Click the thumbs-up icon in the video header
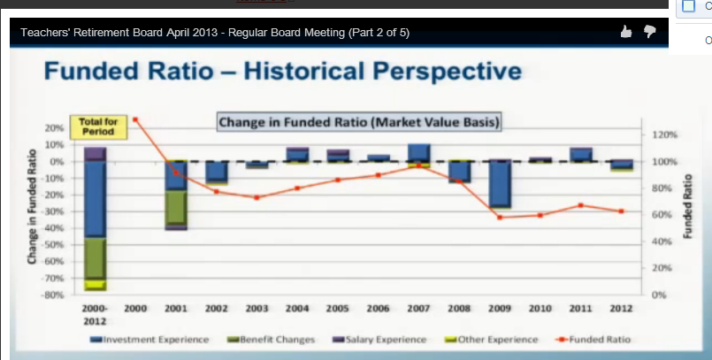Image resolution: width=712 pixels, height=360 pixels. (626, 32)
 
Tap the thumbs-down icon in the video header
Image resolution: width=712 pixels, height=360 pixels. (650, 32)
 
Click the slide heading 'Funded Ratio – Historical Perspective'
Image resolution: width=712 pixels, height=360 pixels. (282, 70)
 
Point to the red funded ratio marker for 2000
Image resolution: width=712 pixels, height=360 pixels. (135, 119)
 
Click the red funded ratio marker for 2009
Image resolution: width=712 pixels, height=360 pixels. (500, 217)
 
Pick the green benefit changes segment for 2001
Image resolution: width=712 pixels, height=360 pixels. (176, 207)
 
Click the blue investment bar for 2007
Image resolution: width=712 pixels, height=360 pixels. (418, 152)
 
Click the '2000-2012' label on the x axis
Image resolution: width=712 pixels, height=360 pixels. (95, 312)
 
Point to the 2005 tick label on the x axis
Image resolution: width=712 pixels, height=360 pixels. (338, 308)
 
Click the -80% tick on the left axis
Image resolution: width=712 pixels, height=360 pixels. (54, 294)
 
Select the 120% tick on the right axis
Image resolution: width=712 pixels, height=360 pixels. (664, 135)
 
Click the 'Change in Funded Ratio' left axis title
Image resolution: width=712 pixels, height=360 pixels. (32, 205)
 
